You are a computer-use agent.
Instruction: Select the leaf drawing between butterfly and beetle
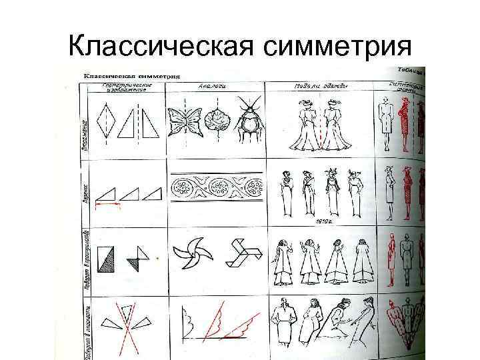[216, 123]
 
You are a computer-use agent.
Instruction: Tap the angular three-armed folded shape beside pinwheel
[241, 253]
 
